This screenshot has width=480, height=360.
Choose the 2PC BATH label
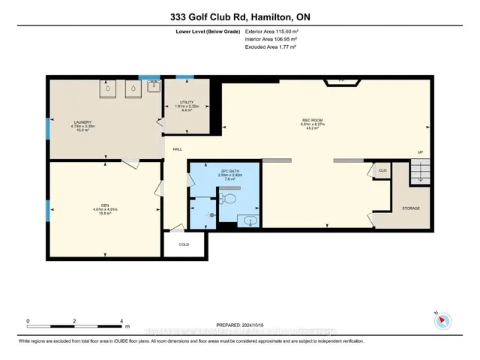point(208,171)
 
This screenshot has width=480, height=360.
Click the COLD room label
point(184,244)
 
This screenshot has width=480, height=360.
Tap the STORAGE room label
point(410,208)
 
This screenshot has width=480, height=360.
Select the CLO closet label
point(382,171)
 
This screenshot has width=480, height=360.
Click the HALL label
point(178,149)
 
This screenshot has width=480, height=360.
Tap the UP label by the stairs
point(420,152)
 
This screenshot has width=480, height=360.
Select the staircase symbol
point(421,174)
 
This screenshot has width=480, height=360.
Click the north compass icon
point(442,320)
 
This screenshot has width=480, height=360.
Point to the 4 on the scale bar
point(121,320)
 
